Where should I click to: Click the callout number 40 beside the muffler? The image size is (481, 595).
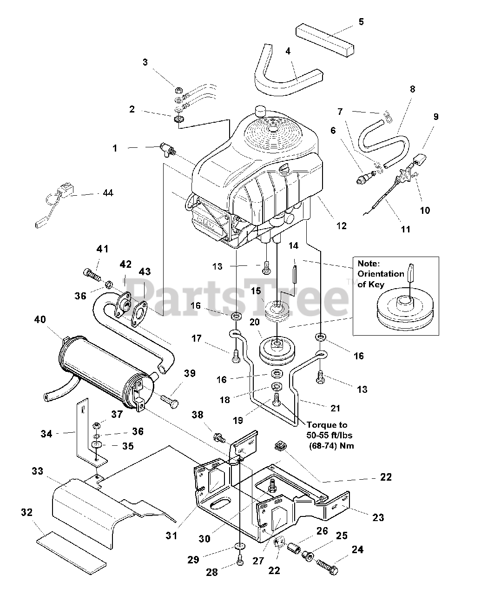tap(40, 319)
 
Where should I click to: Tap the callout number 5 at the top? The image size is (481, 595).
tap(361, 21)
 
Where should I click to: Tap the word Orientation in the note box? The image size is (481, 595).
tap(381, 273)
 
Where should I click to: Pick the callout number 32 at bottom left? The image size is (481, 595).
tap(27, 512)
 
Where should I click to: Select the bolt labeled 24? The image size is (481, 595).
tap(328, 566)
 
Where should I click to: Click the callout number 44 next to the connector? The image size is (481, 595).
tap(107, 192)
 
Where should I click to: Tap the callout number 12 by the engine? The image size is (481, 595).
tap(341, 226)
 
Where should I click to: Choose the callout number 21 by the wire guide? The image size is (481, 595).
tap(335, 408)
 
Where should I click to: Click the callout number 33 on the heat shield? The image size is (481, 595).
tap(37, 471)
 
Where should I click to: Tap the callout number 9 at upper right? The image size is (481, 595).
tap(435, 117)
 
